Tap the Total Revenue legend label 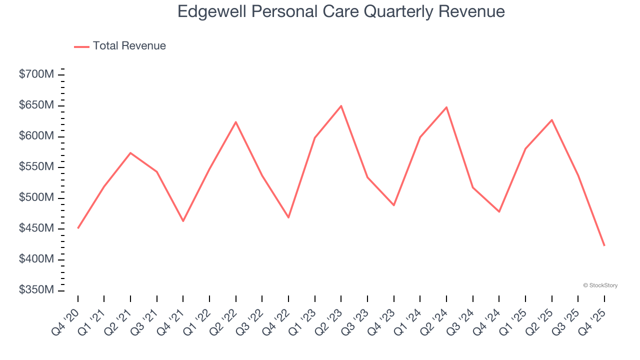pos(129,46)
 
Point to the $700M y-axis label pos(36,74)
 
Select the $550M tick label pos(36,167)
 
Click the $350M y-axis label pos(36,290)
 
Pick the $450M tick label pos(36,228)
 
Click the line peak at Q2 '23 pos(341,106)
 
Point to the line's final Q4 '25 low pos(604,245)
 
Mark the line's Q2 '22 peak pos(235,122)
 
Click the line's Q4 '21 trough pos(183,221)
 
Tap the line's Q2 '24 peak pos(446,107)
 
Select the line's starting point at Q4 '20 pos(78,228)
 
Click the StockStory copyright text pos(600,285)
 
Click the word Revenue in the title pos(471,11)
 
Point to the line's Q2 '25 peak pos(551,120)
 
